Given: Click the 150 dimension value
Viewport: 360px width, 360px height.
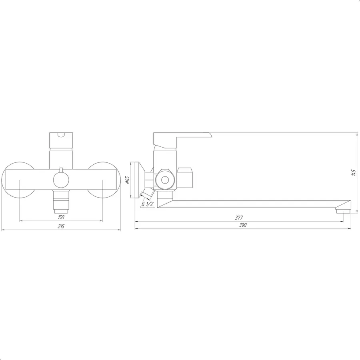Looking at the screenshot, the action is (x=61, y=217).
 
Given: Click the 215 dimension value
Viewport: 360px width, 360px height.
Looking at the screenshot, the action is (x=61, y=226).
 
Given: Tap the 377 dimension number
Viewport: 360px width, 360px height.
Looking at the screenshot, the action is (x=239, y=218).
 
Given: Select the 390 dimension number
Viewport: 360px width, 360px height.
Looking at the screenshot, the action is (x=242, y=225).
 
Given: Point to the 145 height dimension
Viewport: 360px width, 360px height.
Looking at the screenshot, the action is (x=354, y=173).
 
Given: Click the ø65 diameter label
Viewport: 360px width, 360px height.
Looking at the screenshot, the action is (x=128, y=180).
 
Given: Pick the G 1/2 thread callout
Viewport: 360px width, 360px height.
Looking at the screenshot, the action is (x=147, y=204).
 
